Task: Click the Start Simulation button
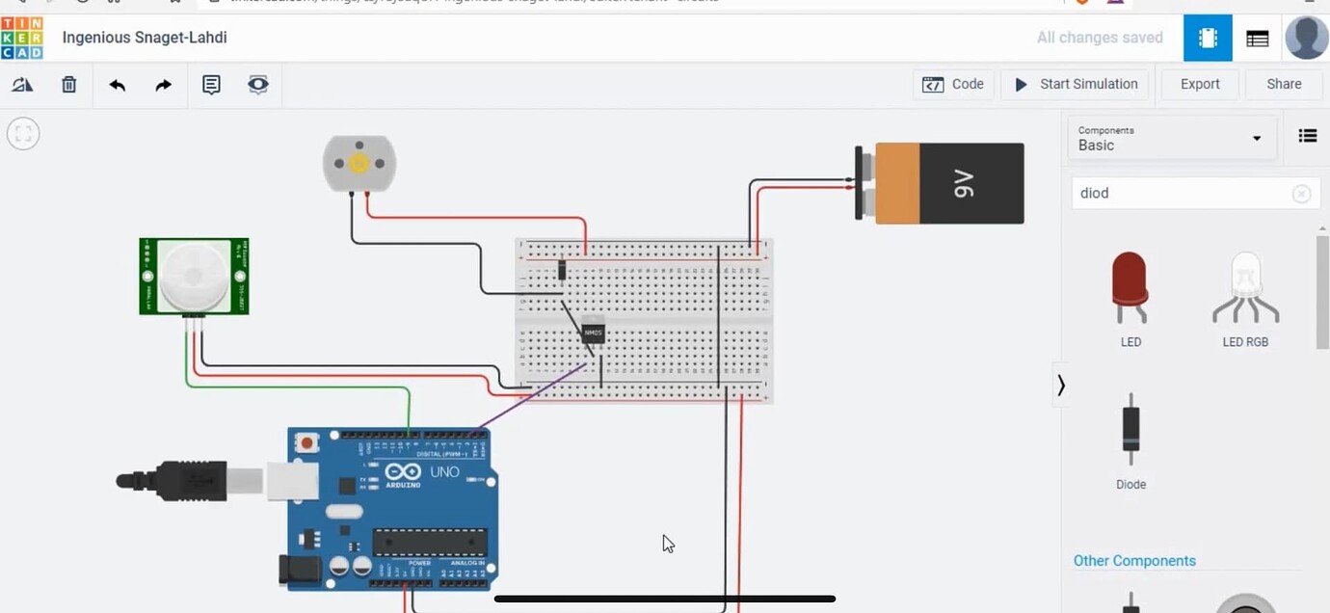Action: (x=1076, y=85)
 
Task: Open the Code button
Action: (x=953, y=85)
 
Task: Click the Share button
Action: (x=1283, y=85)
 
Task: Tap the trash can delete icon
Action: (x=69, y=85)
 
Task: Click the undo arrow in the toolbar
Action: (x=118, y=85)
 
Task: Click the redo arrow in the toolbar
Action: (x=163, y=85)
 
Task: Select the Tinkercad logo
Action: (x=21, y=38)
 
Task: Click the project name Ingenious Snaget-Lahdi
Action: (x=145, y=38)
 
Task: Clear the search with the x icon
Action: (x=1301, y=194)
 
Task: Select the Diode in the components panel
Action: (x=1130, y=429)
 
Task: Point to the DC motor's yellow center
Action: (x=359, y=163)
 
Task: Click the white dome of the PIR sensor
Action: (x=195, y=276)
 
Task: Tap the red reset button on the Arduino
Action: (x=306, y=443)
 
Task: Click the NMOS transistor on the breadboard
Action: (x=593, y=333)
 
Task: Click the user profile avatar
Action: (x=1306, y=39)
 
